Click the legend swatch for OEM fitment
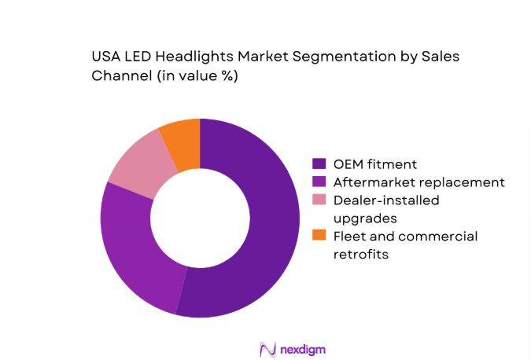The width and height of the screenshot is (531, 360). pyautogui.click(x=319, y=164)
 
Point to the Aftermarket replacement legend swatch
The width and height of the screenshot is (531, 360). pyautogui.click(x=319, y=182)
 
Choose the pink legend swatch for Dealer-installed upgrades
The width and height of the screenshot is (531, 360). pyautogui.click(x=319, y=200)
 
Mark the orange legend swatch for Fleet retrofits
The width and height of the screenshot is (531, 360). pyautogui.click(x=319, y=236)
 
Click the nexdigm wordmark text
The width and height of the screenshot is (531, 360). pyautogui.click(x=302, y=348)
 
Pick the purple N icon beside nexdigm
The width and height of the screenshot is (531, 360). pyautogui.click(x=267, y=348)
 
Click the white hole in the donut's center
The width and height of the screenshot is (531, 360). pyautogui.click(x=200, y=218)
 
